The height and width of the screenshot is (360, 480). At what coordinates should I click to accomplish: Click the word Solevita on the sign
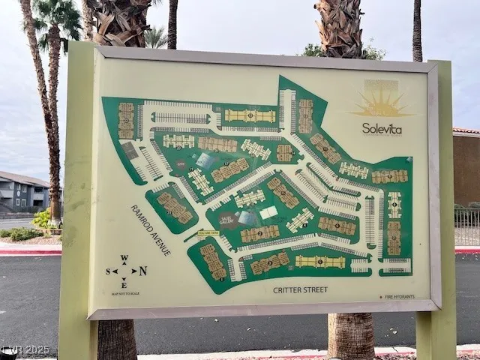[x=382, y=128]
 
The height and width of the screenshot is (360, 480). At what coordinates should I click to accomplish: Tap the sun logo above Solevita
[x=382, y=103]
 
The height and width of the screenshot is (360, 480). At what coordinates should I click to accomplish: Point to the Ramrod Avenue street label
[x=150, y=230]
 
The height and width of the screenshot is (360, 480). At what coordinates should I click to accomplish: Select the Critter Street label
[x=300, y=289]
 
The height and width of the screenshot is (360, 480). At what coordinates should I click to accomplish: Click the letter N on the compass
[x=142, y=271]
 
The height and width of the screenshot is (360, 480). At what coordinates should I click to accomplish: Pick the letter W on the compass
[x=124, y=258]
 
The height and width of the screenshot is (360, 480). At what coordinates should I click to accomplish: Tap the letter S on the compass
[x=107, y=271]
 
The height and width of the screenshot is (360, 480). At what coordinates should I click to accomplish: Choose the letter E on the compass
[x=124, y=284]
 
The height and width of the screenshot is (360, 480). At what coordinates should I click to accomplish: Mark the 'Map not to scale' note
[x=124, y=292]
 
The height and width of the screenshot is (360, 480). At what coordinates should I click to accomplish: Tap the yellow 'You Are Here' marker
[x=208, y=233]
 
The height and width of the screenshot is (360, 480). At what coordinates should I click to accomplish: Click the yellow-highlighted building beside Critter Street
[x=319, y=262]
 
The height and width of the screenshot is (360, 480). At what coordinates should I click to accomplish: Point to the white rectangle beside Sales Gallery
[x=268, y=212]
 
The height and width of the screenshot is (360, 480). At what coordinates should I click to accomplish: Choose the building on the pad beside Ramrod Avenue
[x=175, y=207]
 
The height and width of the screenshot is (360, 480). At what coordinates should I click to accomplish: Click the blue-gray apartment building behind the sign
[x=22, y=192]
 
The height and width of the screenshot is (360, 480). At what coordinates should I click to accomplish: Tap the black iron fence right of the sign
[x=466, y=226]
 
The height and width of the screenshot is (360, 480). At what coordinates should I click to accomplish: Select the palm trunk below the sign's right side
[x=351, y=334]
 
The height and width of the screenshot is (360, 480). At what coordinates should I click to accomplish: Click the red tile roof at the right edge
[x=466, y=131]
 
